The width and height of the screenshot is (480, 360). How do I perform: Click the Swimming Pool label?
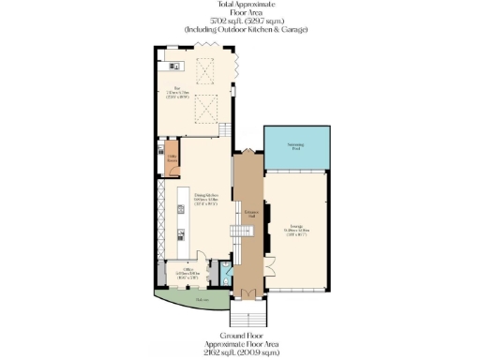(x=296, y=148)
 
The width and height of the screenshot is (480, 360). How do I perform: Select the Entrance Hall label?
(x=250, y=214)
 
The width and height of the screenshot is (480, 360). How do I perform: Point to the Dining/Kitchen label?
(x=207, y=198)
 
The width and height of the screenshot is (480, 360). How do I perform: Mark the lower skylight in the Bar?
(x=205, y=112)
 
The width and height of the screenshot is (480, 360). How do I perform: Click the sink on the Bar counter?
(x=172, y=66)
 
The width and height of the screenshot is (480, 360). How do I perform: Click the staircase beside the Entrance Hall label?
(x=238, y=234)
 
